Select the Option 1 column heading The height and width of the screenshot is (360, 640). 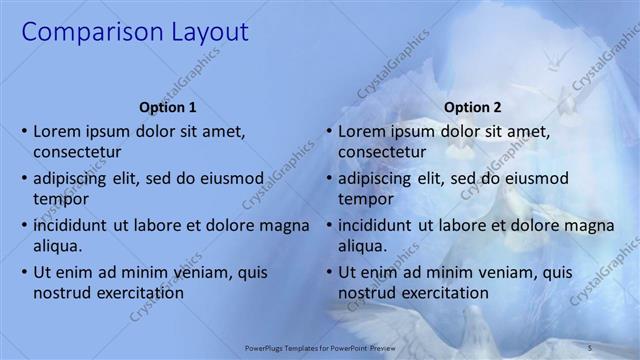[166, 108]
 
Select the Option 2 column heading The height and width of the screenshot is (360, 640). [473, 108]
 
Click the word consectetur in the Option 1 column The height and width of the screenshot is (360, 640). [78, 152]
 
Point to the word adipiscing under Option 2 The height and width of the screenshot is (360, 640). [384, 179]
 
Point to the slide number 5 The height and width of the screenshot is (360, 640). [590, 347]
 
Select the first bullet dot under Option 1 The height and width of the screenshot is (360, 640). [23, 132]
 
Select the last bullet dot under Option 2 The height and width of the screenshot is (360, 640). [329, 273]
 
